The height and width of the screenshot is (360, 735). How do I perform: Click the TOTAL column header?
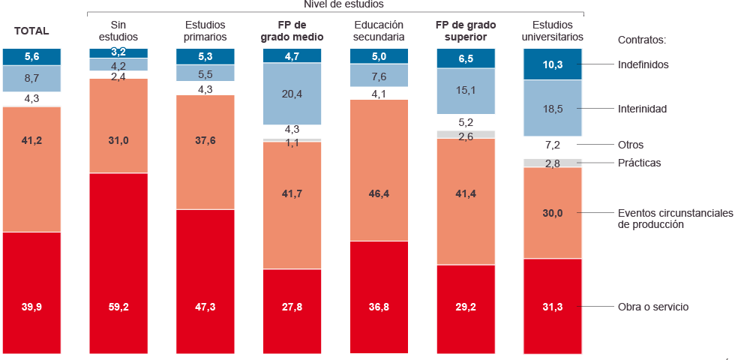pos(31,31)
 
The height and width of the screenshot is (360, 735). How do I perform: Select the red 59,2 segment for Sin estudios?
pos(118,262)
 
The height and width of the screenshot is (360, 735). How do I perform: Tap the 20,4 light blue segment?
pos(292,94)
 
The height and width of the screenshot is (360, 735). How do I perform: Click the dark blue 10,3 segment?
pos(552,65)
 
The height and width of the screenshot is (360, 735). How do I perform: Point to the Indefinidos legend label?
pos(643,64)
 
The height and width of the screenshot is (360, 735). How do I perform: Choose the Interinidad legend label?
pos(642,109)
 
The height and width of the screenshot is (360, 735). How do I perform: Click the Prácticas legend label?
pos(639,163)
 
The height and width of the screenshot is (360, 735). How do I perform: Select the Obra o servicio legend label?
pos(652,307)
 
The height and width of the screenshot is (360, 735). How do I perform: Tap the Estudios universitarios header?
pos(552,31)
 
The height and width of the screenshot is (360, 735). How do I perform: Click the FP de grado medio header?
pos(292,31)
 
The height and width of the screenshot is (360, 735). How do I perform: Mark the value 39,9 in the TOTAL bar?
pos(31,307)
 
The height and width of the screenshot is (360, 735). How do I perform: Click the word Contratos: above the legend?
pos(641,40)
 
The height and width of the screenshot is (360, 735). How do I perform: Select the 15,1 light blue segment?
pos(466,91)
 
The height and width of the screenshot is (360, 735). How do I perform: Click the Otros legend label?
pos(630,144)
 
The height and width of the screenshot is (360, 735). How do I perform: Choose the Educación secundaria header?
pos(379,31)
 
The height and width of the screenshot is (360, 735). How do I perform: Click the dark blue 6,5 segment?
pos(466,57)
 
